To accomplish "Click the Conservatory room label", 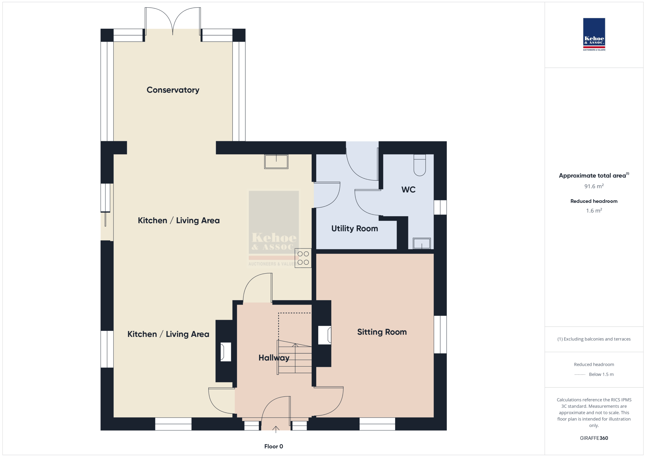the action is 173,90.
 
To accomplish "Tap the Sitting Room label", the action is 382,332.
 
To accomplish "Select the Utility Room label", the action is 355,229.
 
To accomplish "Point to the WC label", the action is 408,190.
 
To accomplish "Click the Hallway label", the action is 274,358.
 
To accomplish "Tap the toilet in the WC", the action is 419,165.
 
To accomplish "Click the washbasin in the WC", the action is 421,244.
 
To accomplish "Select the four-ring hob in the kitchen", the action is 303,258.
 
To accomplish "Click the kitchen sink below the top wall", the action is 276,162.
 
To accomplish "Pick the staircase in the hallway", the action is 294,357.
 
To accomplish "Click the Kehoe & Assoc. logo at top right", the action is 594,34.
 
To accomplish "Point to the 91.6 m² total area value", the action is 594,186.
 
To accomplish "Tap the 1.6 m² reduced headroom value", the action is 594,210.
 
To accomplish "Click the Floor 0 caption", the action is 274,446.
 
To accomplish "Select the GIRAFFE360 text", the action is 594,438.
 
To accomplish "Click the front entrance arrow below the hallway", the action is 276,429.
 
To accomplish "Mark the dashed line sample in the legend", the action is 580,374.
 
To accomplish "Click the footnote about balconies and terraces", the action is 594,339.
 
